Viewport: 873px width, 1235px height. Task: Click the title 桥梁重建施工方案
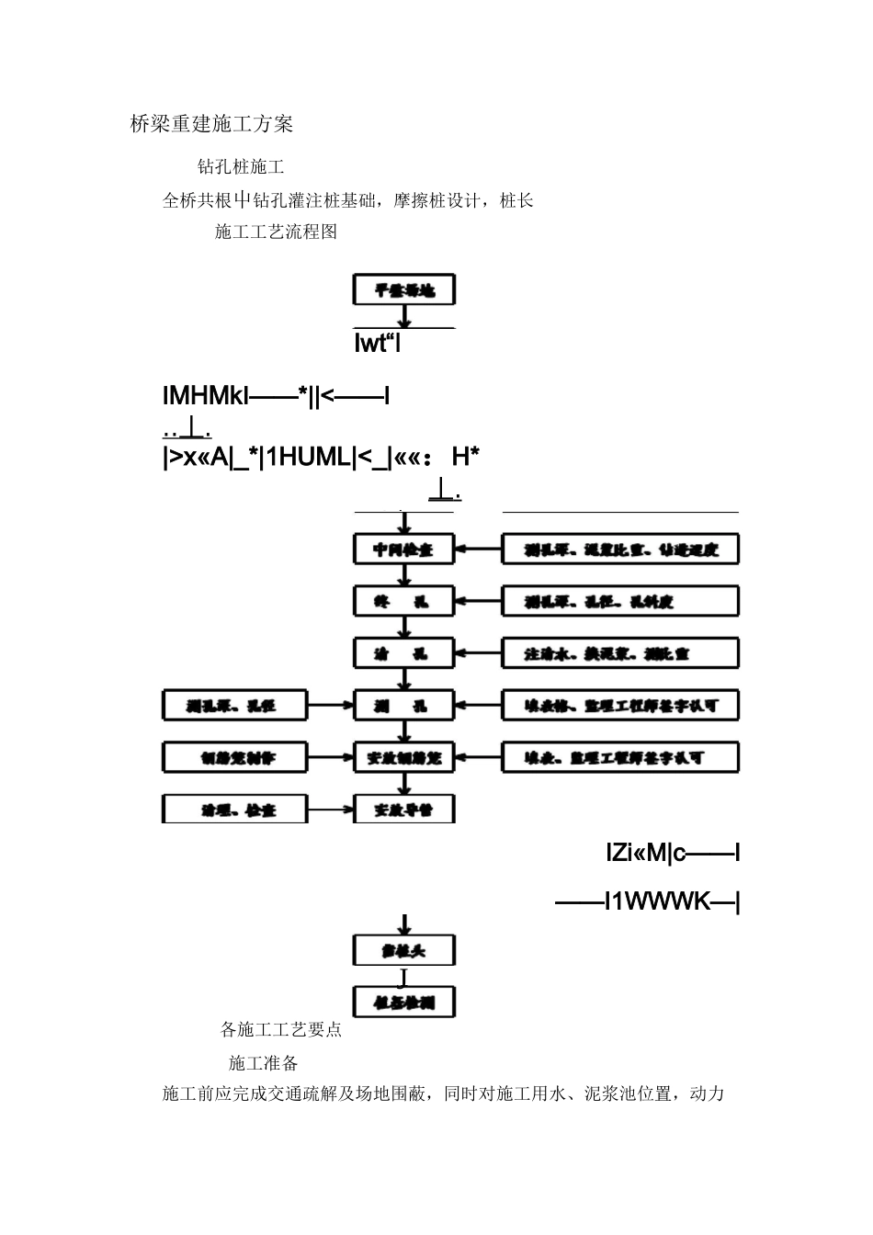pos(211,124)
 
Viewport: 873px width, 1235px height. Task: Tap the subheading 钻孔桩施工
pos(241,166)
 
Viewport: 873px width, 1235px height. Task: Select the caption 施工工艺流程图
pos(276,232)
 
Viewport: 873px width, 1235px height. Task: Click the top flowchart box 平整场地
pos(404,290)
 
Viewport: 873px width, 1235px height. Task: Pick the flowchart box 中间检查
pos(404,550)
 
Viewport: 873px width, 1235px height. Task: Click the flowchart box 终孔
pos(404,602)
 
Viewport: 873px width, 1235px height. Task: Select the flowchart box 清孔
pos(404,653)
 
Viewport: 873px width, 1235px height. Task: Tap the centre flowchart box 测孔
pos(404,706)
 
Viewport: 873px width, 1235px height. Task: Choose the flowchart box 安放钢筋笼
pos(404,758)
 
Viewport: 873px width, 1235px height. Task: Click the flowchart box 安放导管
pos(404,810)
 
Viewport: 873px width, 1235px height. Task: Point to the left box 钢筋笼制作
pos(236,758)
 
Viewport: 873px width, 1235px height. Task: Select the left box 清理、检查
pos(236,810)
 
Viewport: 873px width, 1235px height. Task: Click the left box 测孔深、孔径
pos(236,706)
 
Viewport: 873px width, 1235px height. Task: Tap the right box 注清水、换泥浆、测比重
pos(620,653)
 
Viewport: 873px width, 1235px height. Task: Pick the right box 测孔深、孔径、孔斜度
pos(620,602)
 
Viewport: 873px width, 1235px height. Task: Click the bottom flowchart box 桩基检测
pos(404,1002)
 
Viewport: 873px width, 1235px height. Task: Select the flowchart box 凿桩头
pos(404,950)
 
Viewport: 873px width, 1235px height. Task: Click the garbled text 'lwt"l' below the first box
pos(377,345)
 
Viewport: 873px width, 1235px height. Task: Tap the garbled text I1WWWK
pos(648,901)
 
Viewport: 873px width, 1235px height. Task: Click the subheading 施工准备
pos(264,1063)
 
